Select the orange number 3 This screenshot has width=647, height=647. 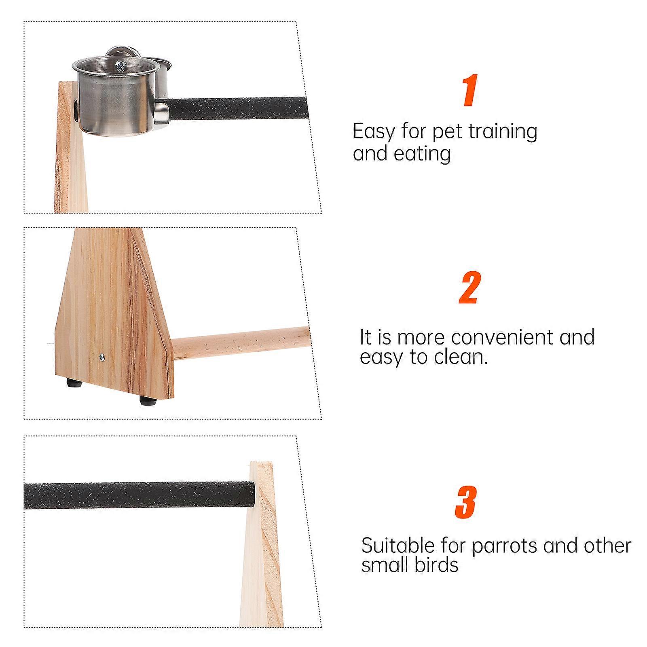coord(466,502)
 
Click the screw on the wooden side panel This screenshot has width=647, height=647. coord(101,357)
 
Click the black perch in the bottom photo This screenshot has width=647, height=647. coord(139,495)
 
